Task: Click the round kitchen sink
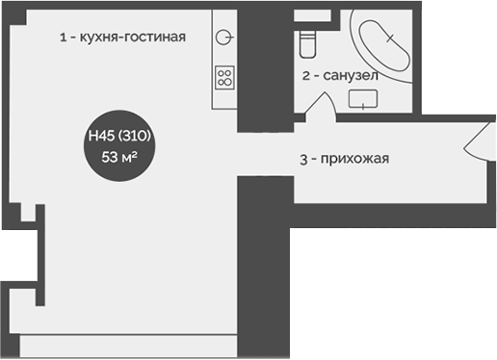224,38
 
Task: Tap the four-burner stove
224,77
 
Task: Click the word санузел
351,75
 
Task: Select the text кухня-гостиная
128,38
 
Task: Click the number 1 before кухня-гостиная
63,38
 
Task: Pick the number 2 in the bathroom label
305,75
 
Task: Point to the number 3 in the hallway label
302,160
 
